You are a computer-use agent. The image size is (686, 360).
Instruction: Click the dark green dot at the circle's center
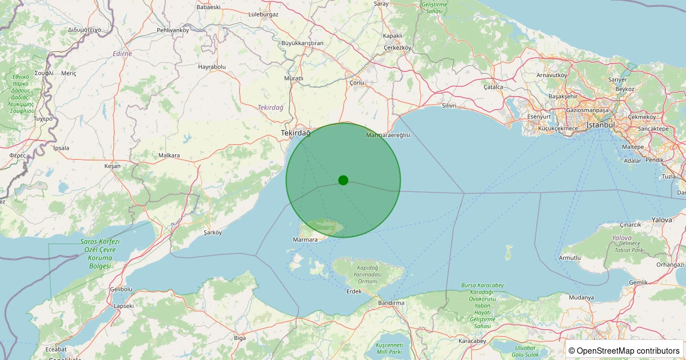coord(343,180)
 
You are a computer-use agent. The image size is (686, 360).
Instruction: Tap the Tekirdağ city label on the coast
coord(295,133)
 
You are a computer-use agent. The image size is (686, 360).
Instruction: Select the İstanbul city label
coord(600,125)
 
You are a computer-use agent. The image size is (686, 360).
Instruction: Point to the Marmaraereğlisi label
coord(388,135)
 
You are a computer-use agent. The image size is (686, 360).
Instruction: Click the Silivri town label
coord(450,106)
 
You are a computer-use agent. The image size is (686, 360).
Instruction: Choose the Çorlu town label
coord(356,82)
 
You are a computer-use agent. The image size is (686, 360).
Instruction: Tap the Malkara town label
coord(169,155)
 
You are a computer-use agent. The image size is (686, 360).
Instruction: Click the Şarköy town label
coord(213,233)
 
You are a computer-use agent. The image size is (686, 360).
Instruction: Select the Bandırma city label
coord(391,302)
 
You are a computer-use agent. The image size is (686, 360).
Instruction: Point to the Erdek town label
coord(354,291)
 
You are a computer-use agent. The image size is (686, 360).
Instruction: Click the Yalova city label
coord(661,220)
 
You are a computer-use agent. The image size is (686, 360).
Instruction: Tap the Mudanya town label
coord(582,298)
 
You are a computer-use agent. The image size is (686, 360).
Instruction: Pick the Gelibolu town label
coord(121,290)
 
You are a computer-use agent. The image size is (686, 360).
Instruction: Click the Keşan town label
coord(113,166)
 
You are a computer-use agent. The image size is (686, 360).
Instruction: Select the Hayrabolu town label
coord(212,67)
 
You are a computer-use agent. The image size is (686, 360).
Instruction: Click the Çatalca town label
coord(493,87)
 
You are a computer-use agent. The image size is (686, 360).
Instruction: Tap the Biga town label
coord(240,338)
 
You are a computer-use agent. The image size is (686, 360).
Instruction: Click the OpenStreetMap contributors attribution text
coord(624,351)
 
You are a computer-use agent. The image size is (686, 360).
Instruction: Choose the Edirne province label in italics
coord(122,53)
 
